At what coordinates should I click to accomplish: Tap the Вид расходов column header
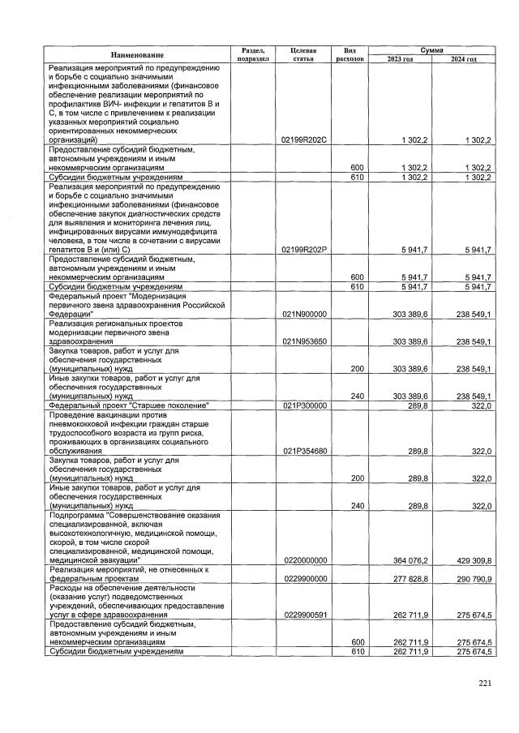point(350,54)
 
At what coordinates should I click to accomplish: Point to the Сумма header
point(431,49)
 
